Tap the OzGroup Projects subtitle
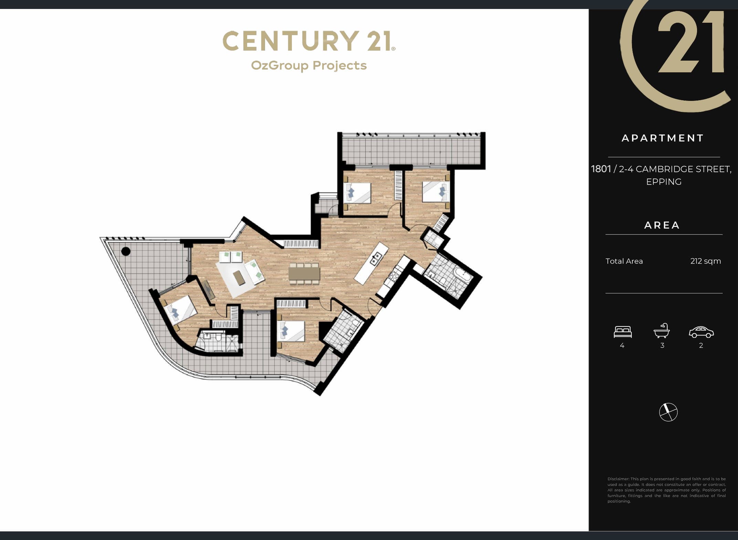[309, 65]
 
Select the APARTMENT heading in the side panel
[663, 138]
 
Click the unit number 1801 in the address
[601, 169]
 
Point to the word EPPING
[664, 181]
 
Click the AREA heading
[662, 225]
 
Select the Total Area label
[624, 261]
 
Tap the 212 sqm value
[706, 261]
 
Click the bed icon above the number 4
[623, 332]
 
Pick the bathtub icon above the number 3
[662, 331]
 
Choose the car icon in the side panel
[701, 332]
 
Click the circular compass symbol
[668, 412]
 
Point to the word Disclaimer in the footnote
[618, 479]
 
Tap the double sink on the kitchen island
[376, 258]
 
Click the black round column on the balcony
[126, 251]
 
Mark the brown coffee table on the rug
[239, 278]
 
